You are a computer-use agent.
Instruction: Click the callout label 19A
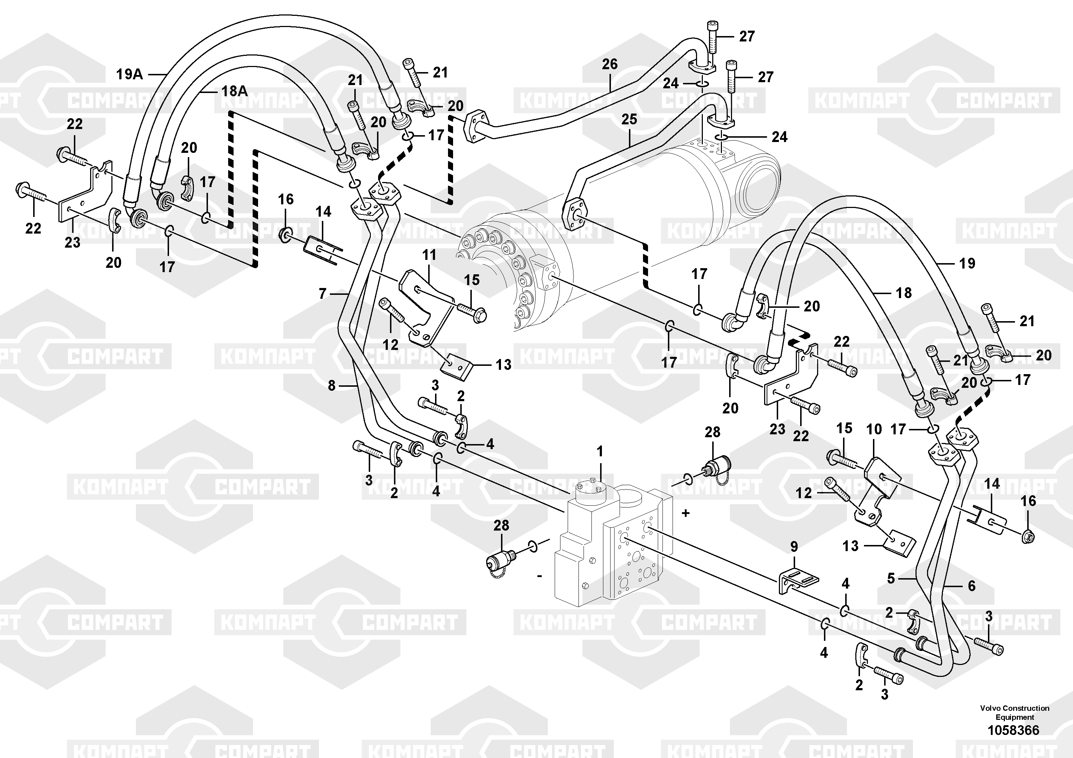(129, 74)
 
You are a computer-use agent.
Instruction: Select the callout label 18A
(234, 91)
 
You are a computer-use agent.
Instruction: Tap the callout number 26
(609, 64)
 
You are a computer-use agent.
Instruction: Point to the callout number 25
(629, 119)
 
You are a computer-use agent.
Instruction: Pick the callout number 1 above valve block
(600, 452)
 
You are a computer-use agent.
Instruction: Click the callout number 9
(794, 547)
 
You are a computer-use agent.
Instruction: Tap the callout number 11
(429, 255)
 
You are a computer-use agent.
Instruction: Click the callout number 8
(331, 386)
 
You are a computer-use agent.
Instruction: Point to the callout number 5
(891, 579)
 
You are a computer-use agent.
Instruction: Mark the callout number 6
(972, 586)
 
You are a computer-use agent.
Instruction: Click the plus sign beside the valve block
(686, 513)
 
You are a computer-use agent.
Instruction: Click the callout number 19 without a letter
(967, 263)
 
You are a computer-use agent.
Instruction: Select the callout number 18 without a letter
(904, 293)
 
